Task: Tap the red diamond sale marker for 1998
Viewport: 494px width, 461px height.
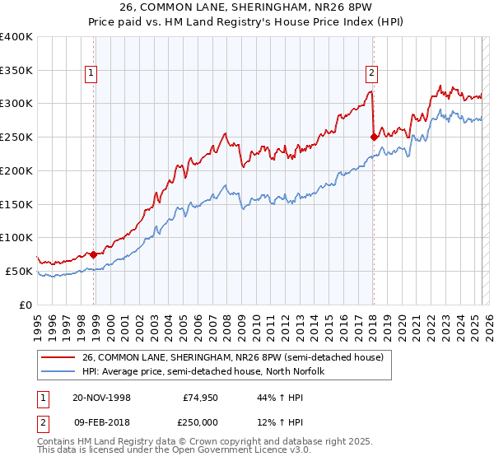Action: (x=93, y=254)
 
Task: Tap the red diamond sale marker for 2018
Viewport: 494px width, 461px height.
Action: (x=374, y=137)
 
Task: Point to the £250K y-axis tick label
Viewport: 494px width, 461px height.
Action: (x=16, y=137)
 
